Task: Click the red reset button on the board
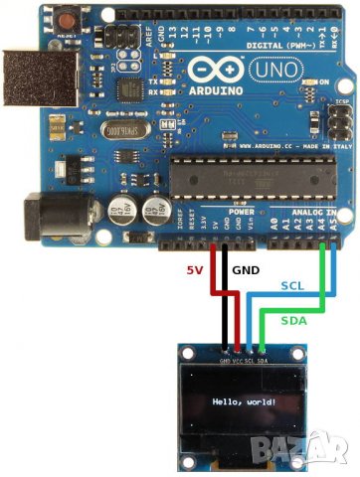point(67,19)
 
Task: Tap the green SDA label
point(293,320)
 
